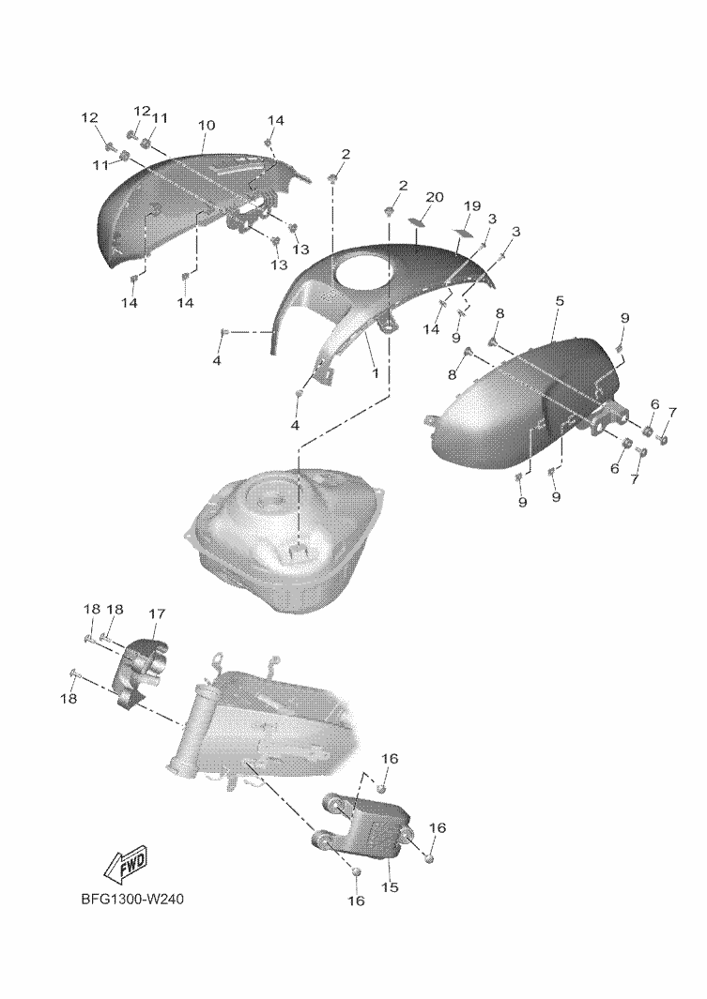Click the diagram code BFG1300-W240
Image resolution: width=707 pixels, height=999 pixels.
[132, 900]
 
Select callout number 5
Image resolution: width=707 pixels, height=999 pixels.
[559, 300]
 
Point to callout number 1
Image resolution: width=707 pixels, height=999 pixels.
[375, 372]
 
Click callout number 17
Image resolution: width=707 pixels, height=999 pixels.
[156, 613]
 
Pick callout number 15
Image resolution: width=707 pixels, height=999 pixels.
[390, 886]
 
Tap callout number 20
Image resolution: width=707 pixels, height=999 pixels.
[434, 198]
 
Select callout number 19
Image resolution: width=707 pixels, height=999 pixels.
[471, 205]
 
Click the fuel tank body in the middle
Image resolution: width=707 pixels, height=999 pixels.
[286, 541]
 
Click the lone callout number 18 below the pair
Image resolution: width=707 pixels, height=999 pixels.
[69, 698]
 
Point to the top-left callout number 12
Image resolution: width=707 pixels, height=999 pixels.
[90, 117]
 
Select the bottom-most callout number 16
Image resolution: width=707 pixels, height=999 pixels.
[356, 901]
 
